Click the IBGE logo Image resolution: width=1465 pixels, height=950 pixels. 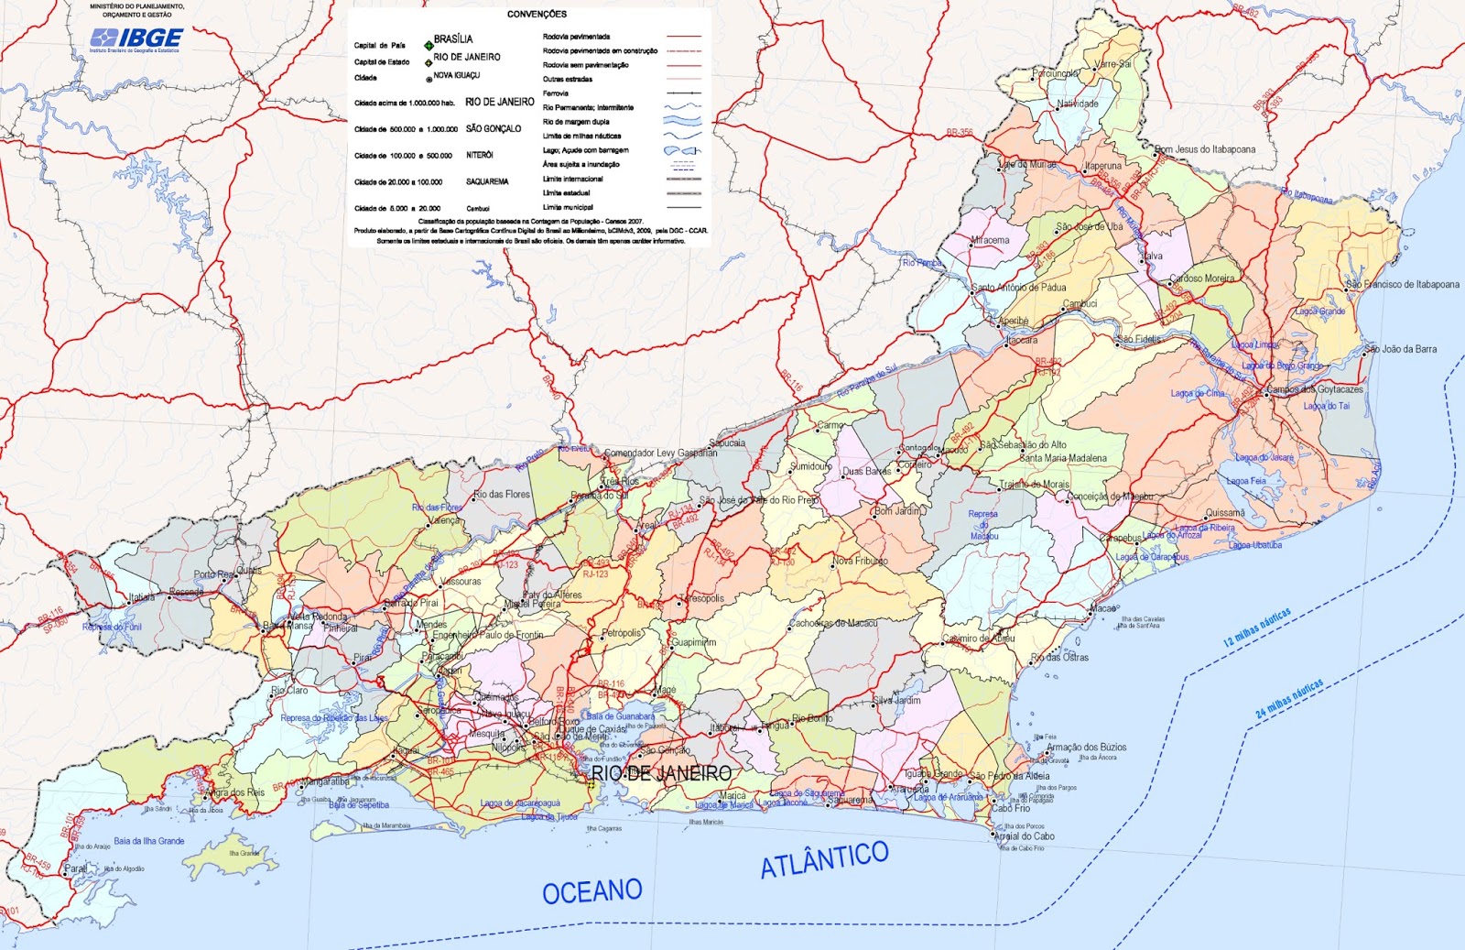137,38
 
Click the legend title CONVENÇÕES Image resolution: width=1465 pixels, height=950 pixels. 537,14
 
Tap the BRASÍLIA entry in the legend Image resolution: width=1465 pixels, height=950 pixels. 453,39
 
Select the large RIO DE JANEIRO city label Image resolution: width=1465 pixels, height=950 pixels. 661,774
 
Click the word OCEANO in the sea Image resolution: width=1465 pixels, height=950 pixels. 591,891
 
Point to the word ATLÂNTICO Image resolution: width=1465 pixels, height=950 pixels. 824,858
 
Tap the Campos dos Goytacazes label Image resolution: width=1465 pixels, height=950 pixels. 1315,389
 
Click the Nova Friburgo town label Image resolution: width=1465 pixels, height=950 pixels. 860,561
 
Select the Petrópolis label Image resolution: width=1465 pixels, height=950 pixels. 623,633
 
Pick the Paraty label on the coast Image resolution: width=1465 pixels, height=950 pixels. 76,868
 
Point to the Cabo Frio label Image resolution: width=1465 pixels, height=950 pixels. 1011,808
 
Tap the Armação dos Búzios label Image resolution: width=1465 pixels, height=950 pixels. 1087,748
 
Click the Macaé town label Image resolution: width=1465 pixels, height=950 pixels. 1102,608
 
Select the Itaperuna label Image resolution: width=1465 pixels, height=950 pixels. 1103,166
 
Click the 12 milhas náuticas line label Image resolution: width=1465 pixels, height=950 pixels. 1257,628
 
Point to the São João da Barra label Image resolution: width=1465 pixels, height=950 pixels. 1404,349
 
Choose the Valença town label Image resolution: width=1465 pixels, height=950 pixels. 444,520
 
